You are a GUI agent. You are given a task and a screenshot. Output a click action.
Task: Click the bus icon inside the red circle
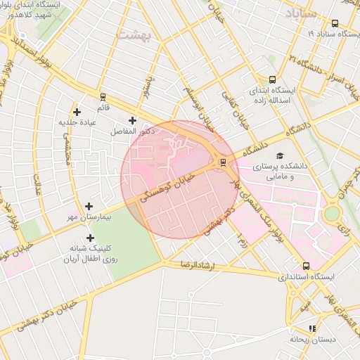click(x=223, y=162)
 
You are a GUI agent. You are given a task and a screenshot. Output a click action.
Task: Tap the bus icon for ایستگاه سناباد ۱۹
click(x=334, y=22)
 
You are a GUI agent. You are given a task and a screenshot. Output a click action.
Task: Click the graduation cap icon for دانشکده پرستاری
click(x=280, y=155)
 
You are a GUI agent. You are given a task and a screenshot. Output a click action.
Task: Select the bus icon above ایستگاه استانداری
click(x=305, y=266)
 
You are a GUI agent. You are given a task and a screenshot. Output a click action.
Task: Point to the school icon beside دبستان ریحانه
click(x=312, y=328)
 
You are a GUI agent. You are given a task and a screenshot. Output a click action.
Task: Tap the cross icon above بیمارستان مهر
click(x=89, y=206)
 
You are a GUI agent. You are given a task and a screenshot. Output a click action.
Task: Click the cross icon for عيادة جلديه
click(x=77, y=111)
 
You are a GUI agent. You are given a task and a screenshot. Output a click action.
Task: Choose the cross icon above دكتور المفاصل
click(x=132, y=120)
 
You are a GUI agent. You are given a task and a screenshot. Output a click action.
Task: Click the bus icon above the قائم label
click(x=103, y=96)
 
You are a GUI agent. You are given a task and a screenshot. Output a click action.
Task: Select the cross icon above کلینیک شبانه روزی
click(x=90, y=238)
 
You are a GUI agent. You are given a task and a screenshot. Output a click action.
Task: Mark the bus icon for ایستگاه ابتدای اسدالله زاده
click(x=272, y=80)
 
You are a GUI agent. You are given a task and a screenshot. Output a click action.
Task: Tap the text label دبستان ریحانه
click(x=312, y=340)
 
